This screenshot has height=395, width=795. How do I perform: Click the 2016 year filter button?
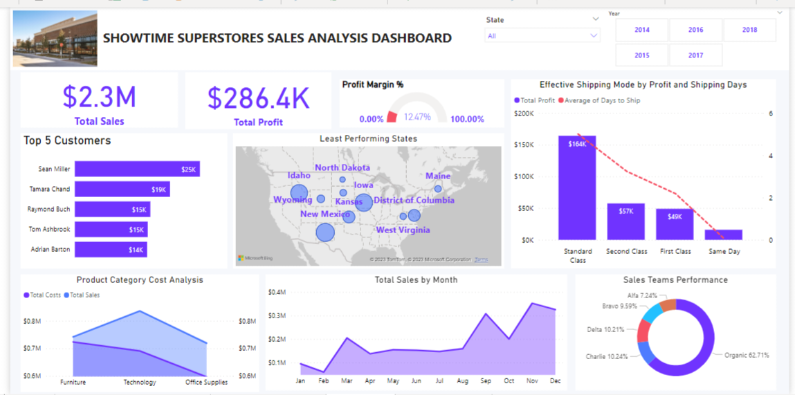(695, 30)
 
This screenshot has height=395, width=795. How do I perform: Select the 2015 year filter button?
(641, 55)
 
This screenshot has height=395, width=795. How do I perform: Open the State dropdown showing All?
(542, 36)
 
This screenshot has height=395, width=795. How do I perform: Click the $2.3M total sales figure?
(99, 97)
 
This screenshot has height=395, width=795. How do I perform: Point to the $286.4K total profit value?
(258, 98)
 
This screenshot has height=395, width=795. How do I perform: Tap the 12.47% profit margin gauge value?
(417, 117)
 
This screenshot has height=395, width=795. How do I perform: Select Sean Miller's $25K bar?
(137, 169)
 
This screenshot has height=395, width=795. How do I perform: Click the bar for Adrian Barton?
(111, 249)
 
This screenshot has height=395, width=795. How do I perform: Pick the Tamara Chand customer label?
(50, 189)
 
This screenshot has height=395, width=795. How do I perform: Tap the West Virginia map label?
(403, 230)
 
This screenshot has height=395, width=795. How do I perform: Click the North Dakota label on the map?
(342, 167)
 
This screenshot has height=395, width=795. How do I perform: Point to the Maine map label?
(437, 176)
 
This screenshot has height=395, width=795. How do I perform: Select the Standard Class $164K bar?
(577, 187)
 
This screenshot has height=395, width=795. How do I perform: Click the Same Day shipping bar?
(724, 235)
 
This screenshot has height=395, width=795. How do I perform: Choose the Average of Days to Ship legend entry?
(599, 100)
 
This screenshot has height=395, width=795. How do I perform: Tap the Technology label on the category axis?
(139, 382)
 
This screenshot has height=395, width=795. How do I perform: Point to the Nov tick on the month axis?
(532, 380)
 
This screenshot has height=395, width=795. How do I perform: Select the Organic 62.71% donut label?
(746, 355)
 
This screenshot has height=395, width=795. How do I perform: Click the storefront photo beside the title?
(55, 39)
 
